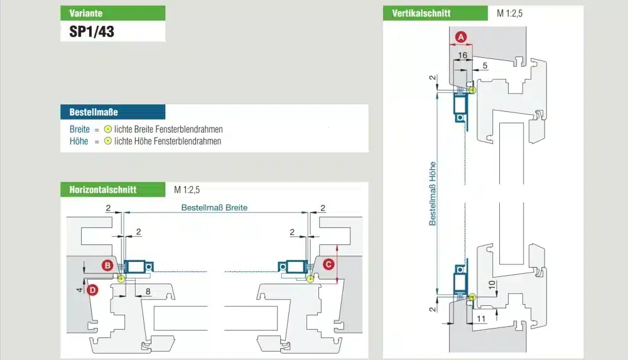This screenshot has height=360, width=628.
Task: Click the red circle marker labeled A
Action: pyautogui.click(x=461, y=37)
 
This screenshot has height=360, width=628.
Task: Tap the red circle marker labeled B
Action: pyautogui.click(x=107, y=265)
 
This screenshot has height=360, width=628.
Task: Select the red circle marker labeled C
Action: pyautogui.click(x=328, y=264)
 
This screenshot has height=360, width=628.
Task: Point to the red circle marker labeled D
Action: pyautogui.click(x=92, y=290)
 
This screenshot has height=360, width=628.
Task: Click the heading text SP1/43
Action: pyautogui.click(x=92, y=31)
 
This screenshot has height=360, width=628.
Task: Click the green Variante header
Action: pyautogui.click(x=113, y=13)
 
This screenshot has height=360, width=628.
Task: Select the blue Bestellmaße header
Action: pyautogui.click(x=113, y=112)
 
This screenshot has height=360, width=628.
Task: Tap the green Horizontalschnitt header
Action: pyautogui.click(x=113, y=190)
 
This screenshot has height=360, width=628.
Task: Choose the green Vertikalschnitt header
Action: pyautogui.click(x=435, y=13)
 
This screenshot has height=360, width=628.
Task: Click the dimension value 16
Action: pyautogui.click(x=463, y=55)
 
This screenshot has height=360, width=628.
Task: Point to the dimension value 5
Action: pyautogui.click(x=485, y=65)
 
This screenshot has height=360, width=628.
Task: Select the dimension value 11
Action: pyautogui.click(x=481, y=319)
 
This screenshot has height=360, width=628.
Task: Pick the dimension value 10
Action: pyautogui.click(x=492, y=285)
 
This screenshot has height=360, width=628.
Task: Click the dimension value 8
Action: pyautogui.click(x=148, y=292)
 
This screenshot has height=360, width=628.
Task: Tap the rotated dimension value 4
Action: pyautogui.click(x=79, y=290)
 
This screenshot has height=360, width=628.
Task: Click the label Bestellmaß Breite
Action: pyautogui.click(x=214, y=208)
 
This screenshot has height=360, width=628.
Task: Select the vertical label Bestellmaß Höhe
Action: pyautogui.click(x=433, y=194)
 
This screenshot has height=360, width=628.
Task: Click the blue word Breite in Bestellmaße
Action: pyautogui.click(x=79, y=129)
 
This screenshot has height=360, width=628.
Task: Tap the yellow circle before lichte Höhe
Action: pyautogui.click(x=108, y=141)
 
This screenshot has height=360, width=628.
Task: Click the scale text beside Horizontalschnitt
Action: pyautogui.click(x=187, y=190)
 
